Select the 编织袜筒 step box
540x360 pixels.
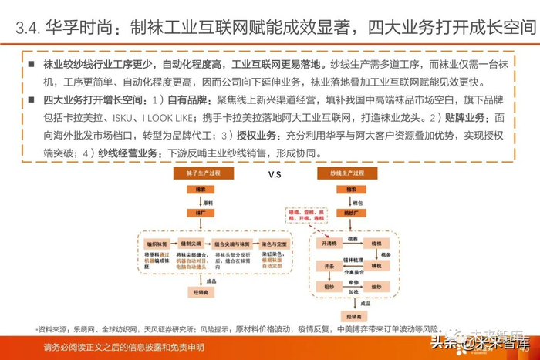tap(160, 243)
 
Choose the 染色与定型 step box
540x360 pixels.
tap(273, 243)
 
